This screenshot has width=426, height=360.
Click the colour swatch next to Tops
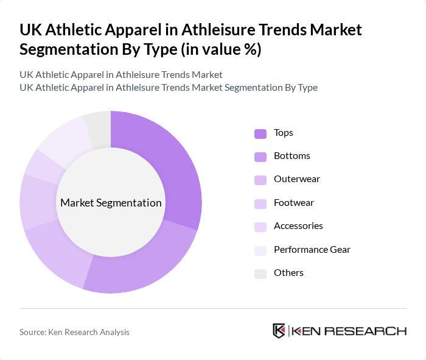pos(260,133)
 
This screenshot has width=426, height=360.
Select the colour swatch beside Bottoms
pos(260,157)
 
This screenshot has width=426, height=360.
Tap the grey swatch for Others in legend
pos(260,274)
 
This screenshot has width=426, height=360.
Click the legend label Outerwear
pos(296,179)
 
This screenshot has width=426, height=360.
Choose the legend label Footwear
pos(294,202)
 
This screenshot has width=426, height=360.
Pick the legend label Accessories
pos(298,226)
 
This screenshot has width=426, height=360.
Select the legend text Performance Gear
pos(312,249)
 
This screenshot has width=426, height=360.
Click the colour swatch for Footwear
pos(260,203)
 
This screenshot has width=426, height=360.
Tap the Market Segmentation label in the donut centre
pos(111,203)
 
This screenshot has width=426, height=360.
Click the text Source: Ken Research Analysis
pos(74,332)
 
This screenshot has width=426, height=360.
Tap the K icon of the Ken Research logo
pos(279,331)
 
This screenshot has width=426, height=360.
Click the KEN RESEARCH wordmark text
pos(349,331)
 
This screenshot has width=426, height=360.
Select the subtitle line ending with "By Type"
pos(169,87)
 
